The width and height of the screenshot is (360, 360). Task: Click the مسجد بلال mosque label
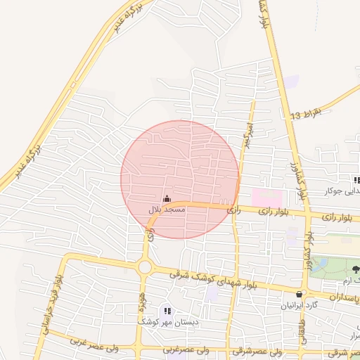167,210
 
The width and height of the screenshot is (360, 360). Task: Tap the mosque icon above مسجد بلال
167,199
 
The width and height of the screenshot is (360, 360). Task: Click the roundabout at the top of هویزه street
146,266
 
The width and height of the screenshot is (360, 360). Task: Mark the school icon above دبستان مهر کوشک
167,310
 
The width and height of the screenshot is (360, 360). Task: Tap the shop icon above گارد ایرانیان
300,295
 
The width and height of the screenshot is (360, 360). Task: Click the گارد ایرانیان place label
300,305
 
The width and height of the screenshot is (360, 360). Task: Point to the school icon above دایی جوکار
356,181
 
